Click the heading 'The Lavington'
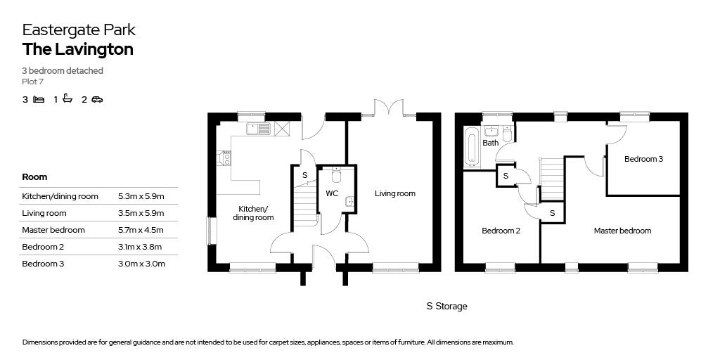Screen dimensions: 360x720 (77, 49)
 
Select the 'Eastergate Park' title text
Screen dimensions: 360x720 (79, 30)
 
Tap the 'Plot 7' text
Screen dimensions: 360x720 (33, 82)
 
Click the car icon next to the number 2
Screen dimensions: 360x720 (97, 99)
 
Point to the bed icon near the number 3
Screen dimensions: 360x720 (39, 99)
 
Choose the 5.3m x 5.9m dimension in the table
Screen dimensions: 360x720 (141, 196)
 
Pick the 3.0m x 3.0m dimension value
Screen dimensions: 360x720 (141, 264)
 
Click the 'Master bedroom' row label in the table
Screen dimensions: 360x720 (53, 230)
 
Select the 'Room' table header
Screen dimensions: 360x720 (34, 177)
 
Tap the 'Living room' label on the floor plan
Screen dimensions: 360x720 (394, 193)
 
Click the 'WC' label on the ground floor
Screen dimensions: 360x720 (333, 193)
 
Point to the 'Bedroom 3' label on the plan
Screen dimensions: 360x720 (643, 159)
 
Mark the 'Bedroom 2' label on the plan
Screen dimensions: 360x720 (501, 231)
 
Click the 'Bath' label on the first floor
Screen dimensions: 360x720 (490, 143)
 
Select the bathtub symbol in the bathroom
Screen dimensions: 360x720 (471, 147)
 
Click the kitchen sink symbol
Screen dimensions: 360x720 (258, 129)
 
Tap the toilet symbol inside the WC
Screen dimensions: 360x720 (335, 174)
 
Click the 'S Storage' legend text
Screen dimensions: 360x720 (446, 306)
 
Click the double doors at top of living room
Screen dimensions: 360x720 (389, 108)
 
